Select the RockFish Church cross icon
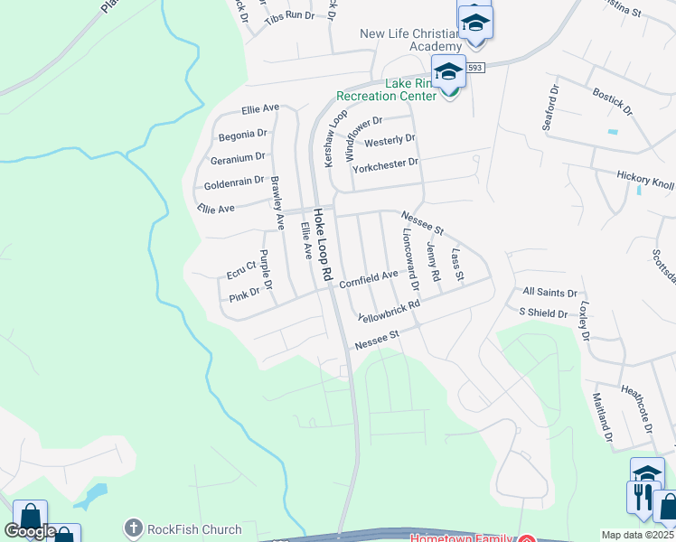tap(133, 528)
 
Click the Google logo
tap(30, 531)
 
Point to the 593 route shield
tap(476, 68)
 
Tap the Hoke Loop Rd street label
tap(324, 244)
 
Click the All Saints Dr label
tap(549, 293)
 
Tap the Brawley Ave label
tap(278, 202)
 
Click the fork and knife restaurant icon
tap(642, 497)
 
